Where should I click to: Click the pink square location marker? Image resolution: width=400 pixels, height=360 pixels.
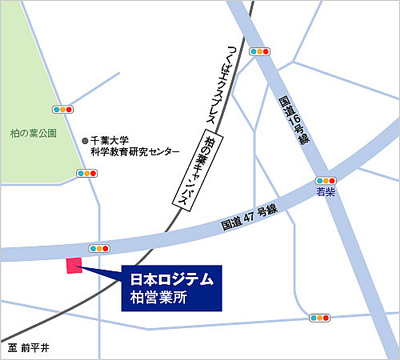72,266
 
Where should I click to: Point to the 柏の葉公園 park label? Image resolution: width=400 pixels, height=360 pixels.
34,131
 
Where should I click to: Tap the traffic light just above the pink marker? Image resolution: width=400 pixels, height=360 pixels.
100,247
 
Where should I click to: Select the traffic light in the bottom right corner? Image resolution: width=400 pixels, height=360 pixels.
320,318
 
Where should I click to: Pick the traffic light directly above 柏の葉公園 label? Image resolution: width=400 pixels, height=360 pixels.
64,107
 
